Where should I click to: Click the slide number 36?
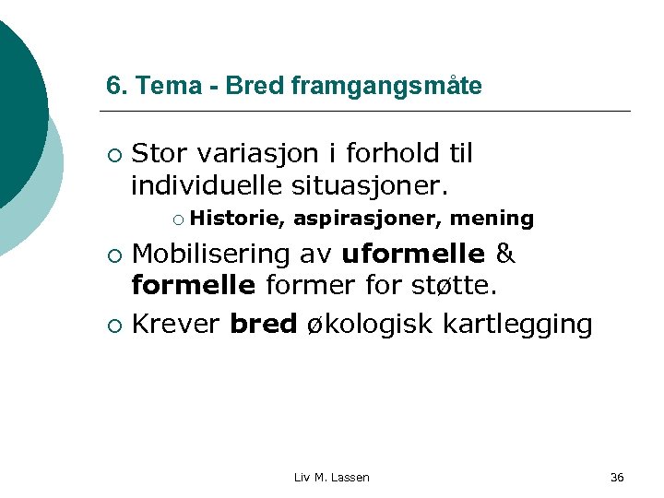click(617, 477)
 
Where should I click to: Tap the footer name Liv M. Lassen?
click(331, 477)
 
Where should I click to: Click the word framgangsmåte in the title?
click(385, 86)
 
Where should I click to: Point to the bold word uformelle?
click(413, 253)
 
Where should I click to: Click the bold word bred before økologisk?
click(264, 325)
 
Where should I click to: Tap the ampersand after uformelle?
click(505, 253)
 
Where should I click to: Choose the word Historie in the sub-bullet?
click(239, 219)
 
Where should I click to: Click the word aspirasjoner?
click(366, 219)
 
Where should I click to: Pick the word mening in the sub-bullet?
click(492, 219)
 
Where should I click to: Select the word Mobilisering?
click(217, 253)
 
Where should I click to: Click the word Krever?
click(176, 325)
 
